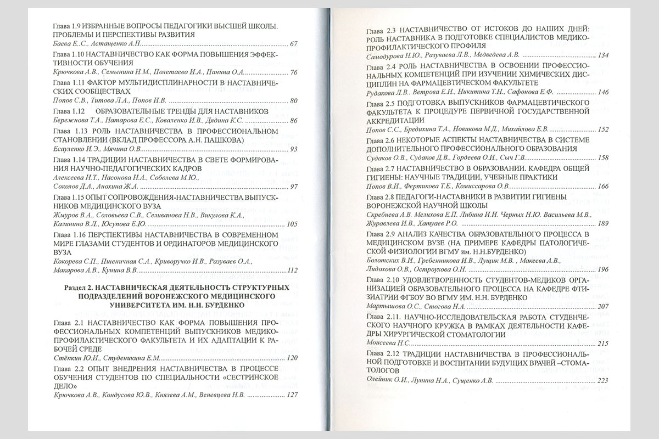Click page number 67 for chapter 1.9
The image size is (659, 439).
[293, 44]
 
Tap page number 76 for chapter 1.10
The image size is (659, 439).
[293, 72]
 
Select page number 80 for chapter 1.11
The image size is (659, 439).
[293, 101]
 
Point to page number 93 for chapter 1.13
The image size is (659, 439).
[293, 149]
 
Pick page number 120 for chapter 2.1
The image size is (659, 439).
[292, 358]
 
